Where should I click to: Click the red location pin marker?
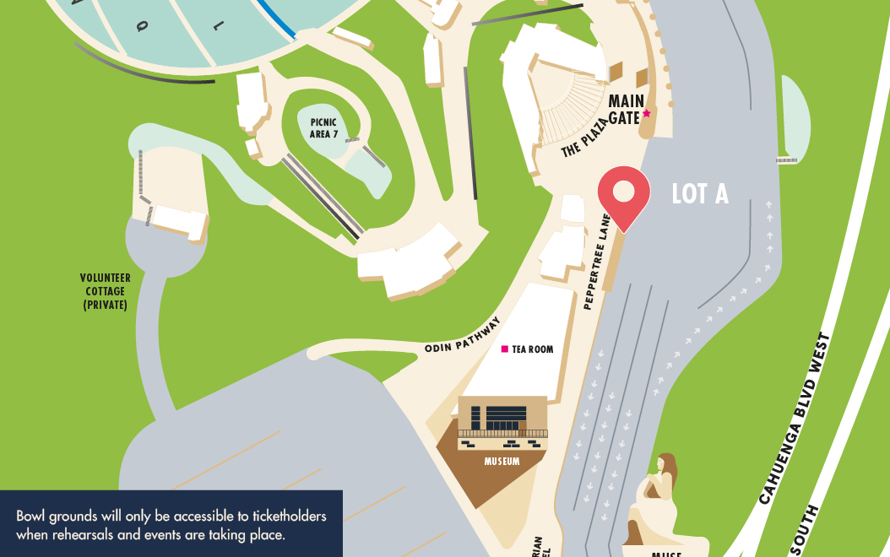623,197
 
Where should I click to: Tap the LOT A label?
699,194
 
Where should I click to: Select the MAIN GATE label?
626,110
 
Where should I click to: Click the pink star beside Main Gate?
647,113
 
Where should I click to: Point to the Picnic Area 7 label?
323,128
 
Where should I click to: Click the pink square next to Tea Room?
505,349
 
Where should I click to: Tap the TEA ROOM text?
533,349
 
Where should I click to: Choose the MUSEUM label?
502,462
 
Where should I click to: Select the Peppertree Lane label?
597,262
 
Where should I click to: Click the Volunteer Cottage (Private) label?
105,291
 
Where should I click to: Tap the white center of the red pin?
623,191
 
